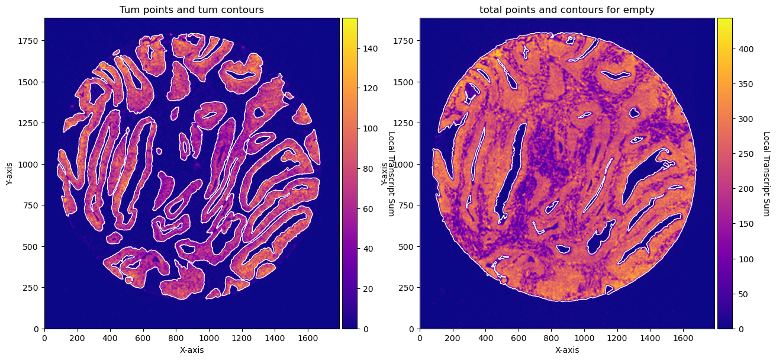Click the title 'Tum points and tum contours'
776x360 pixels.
(192, 9)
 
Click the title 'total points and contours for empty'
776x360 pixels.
(567, 9)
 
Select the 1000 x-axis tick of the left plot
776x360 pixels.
(209, 338)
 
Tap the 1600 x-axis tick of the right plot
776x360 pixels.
(683, 338)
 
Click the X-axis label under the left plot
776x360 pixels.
(192, 350)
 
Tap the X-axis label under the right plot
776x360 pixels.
(567, 350)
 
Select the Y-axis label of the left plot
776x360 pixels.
(9, 173)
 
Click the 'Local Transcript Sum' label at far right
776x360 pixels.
(767, 173)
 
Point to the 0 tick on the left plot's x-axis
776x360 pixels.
(44, 338)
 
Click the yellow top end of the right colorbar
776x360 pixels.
(725, 19)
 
